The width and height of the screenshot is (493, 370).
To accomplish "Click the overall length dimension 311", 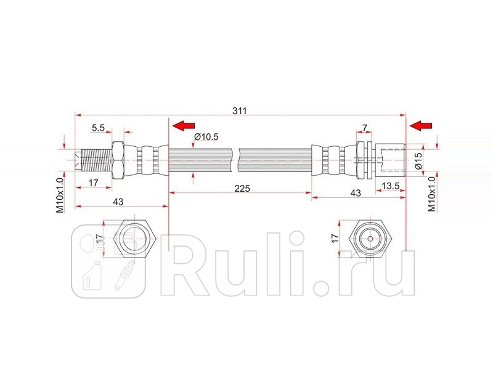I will (x=240, y=111).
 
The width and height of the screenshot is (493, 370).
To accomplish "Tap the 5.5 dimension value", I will (x=98, y=128).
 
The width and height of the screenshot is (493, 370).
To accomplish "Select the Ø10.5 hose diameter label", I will (x=206, y=136).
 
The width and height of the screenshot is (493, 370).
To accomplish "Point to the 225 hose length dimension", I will (x=242, y=189).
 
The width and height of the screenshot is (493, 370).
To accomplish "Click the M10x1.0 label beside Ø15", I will (x=432, y=194).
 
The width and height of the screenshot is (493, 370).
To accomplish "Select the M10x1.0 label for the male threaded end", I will (x=60, y=195).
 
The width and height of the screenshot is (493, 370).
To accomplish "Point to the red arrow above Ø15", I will (x=421, y=126).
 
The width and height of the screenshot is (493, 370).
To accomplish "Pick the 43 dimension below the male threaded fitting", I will (x=118, y=202).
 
